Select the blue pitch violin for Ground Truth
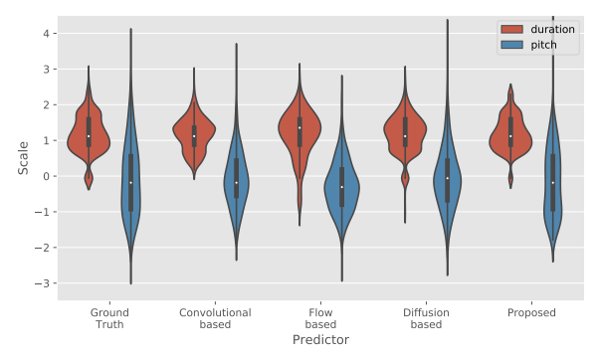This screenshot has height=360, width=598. pos(130,183)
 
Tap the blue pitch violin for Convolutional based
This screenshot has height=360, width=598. pos(237,183)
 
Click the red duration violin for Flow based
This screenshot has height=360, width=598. pos(299,129)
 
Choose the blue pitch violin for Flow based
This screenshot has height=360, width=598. pos(342,187)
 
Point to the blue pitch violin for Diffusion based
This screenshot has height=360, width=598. pos(448,179)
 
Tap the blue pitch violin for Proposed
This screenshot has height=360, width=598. pos(553,183)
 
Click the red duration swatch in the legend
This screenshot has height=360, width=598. pos(511,30)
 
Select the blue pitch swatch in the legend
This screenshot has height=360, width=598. pos(511,45)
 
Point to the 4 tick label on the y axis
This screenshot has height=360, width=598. pos(46,34)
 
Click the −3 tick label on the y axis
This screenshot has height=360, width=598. pos(42,283)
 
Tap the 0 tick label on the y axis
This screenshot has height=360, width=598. pos(46,176)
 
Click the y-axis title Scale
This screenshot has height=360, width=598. pos(23,158)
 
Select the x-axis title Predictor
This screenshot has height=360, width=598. pos(320,340)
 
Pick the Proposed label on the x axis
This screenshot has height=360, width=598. pos(531,312)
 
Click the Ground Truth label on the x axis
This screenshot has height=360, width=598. pos(109,318)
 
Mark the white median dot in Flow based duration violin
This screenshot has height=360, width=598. pos(299,127)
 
